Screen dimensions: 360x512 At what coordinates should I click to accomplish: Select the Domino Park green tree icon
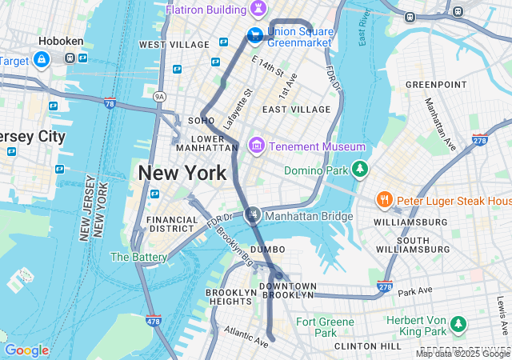pyautogui.click(x=361, y=169)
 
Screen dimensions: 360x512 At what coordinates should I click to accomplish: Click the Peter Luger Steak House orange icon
pyautogui.click(x=385, y=199)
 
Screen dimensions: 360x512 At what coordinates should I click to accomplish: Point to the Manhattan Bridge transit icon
pyautogui.click(x=254, y=214)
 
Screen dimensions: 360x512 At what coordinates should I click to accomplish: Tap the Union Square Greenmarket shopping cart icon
pyautogui.click(x=254, y=34)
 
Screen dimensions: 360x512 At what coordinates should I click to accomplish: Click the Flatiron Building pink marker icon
pyautogui.click(x=258, y=9)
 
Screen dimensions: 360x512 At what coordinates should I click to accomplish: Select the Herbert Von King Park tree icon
pyautogui.click(x=458, y=324)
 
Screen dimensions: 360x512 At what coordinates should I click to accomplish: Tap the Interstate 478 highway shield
pyautogui.click(x=154, y=321)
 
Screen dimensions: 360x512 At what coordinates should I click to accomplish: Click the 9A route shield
pyautogui.click(x=159, y=96)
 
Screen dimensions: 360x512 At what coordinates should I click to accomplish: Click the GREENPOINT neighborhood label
pyautogui.click(x=436, y=84)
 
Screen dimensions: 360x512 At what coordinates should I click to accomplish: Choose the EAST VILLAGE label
pyautogui.click(x=296, y=109)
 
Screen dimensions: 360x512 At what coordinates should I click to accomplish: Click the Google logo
pyautogui.click(x=26, y=350)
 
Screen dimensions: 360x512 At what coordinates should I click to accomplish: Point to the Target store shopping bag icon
pyautogui.click(x=41, y=60)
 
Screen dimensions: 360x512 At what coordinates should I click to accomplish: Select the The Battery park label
pyautogui.click(x=138, y=257)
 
